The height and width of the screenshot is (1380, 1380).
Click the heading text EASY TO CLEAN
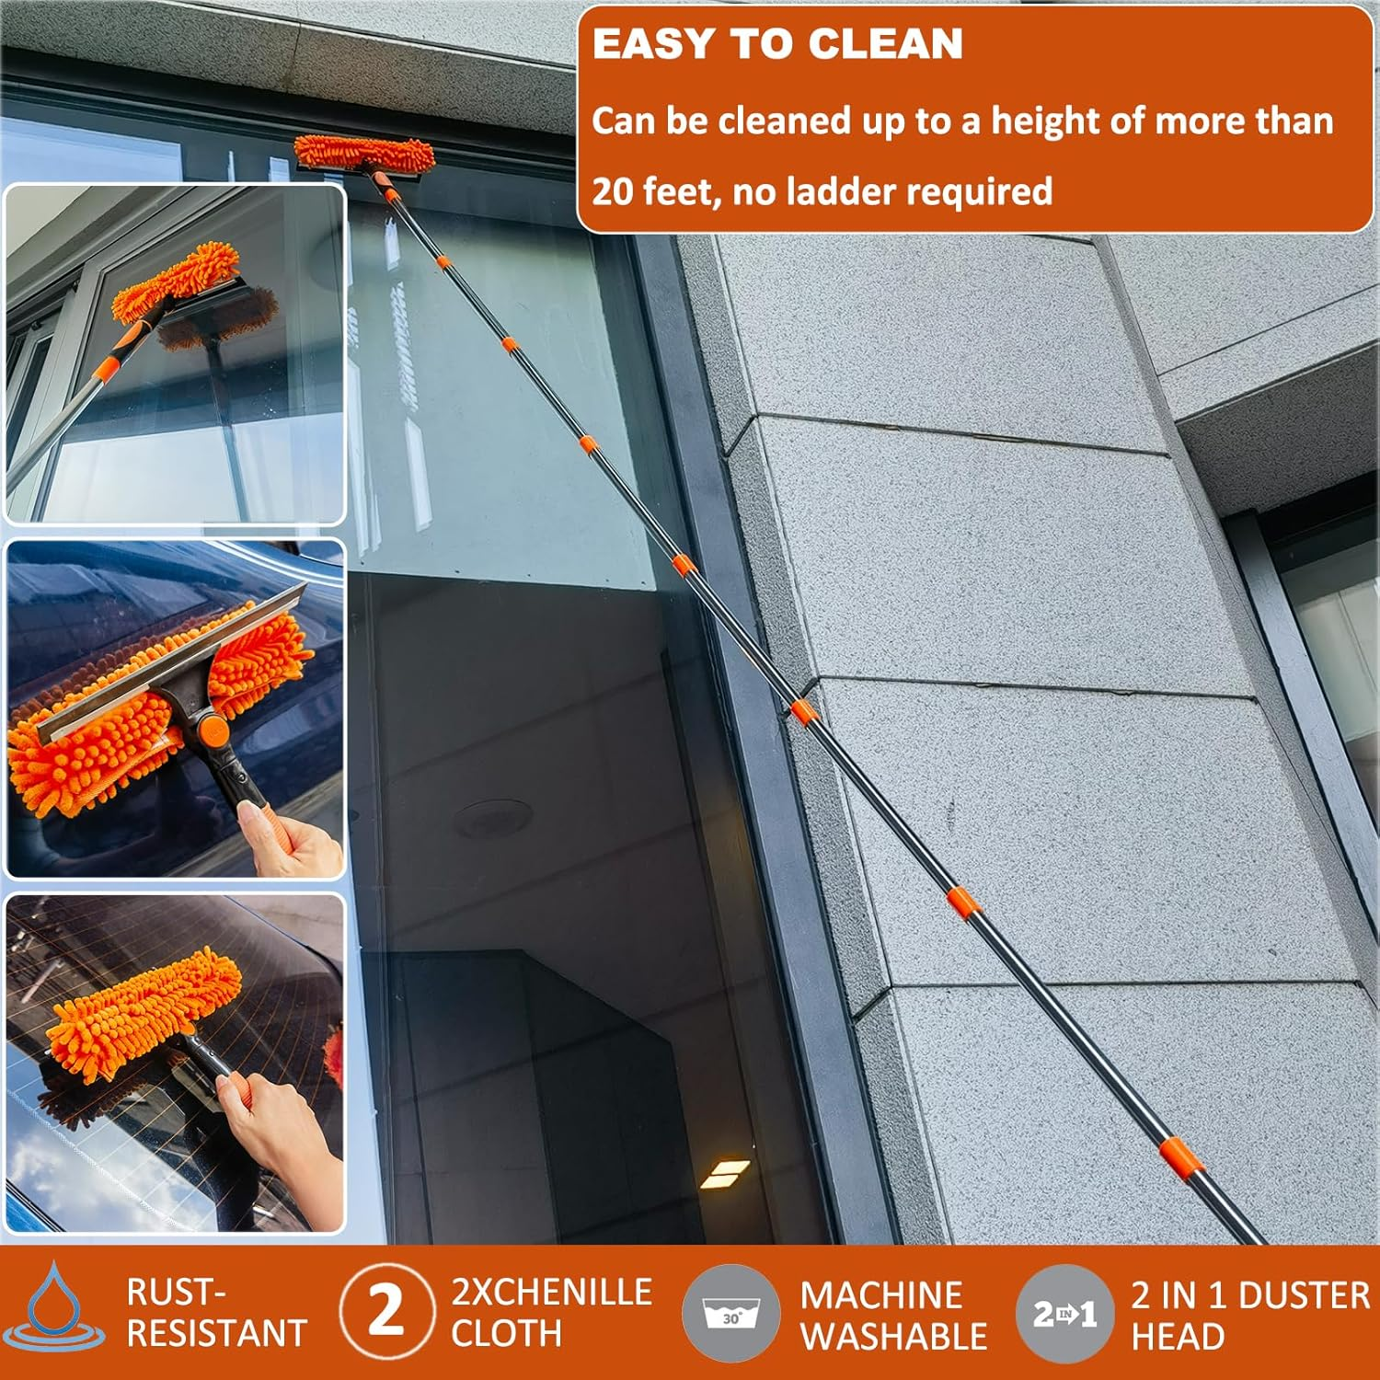[777, 44]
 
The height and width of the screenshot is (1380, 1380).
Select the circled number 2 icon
[385, 1310]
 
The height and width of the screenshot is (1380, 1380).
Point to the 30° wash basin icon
[730, 1312]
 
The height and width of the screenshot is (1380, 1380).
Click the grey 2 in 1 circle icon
[1064, 1313]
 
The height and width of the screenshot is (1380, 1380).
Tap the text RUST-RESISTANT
[216, 1313]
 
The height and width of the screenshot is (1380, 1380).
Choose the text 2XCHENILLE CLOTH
[550, 1312]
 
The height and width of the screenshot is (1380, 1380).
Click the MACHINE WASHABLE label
[893, 1316]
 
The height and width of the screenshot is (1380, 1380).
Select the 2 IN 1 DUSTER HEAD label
[1249, 1316]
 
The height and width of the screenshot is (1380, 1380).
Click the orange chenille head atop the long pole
[364, 154]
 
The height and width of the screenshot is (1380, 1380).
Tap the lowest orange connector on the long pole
[1181, 1157]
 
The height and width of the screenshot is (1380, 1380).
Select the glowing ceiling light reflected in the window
[725, 1173]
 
